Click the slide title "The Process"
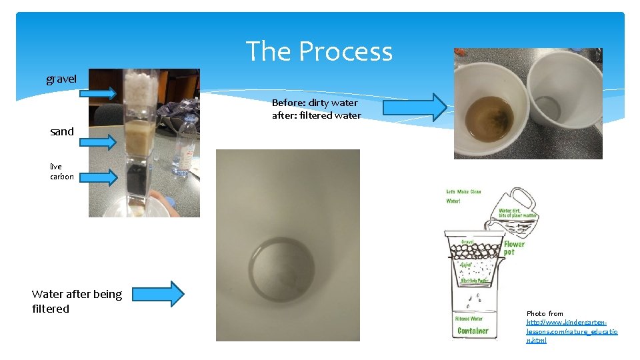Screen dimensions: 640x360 pyautogui.click(x=319, y=51)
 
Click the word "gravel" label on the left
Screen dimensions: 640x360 pyautogui.click(x=61, y=79)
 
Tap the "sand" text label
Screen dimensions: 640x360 pyautogui.click(x=62, y=131)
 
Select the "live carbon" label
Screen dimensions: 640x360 pyautogui.click(x=61, y=171)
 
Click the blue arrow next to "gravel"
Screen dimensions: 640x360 pyautogui.click(x=97, y=93)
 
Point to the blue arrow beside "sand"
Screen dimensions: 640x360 pyautogui.click(x=99, y=141)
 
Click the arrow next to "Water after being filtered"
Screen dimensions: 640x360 pyautogui.click(x=163, y=294)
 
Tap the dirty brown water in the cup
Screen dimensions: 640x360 pyautogui.click(x=489, y=118)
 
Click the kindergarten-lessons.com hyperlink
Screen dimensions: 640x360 pyautogui.click(x=572, y=331)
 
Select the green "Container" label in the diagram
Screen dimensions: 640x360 pyautogui.click(x=473, y=331)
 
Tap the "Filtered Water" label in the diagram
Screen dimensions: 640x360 pyautogui.click(x=473, y=318)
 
